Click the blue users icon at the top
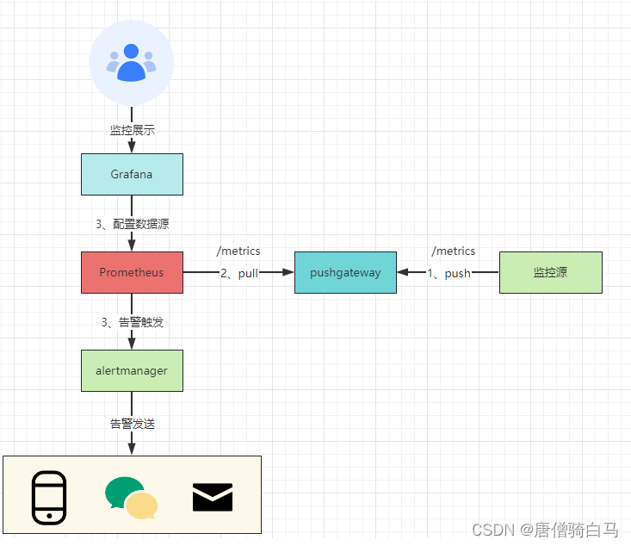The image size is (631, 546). pyautogui.click(x=132, y=63)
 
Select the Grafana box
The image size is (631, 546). pyautogui.click(x=132, y=174)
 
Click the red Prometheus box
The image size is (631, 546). pyautogui.click(x=132, y=272)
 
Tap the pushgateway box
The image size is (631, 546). pyautogui.click(x=345, y=272)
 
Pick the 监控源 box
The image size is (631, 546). pyautogui.click(x=550, y=272)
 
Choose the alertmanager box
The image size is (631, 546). pyautogui.click(x=132, y=370)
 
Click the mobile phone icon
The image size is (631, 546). pyautogui.click(x=49, y=497)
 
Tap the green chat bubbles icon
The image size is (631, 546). pyautogui.click(x=131, y=498)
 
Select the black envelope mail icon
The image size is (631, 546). pyautogui.click(x=213, y=497)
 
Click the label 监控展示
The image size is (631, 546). pyautogui.click(x=132, y=130)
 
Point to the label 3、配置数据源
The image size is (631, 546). pyautogui.click(x=132, y=223)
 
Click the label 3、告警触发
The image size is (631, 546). pyautogui.click(x=132, y=322)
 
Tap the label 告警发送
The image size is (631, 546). pyautogui.click(x=132, y=424)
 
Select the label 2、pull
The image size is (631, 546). pyautogui.click(x=238, y=273)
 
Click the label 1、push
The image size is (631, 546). pyautogui.click(x=449, y=273)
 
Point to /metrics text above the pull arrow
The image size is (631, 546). pyautogui.click(x=238, y=251)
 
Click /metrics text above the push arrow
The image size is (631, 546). pyautogui.click(x=454, y=251)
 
